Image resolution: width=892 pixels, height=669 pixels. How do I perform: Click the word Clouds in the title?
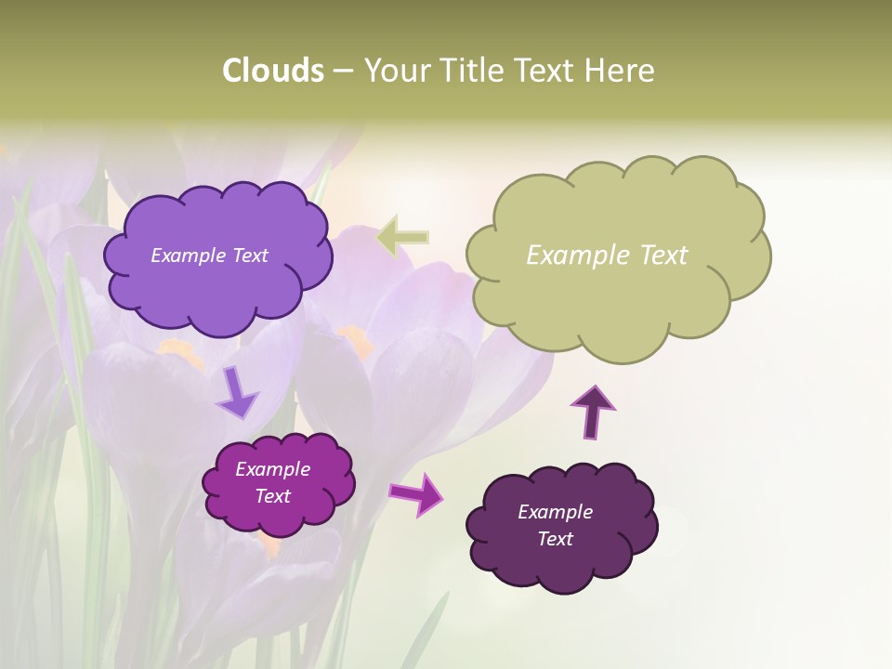(273, 71)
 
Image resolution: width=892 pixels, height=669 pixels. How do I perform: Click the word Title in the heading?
(472, 71)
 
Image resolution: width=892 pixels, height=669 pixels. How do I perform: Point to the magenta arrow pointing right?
(415, 493)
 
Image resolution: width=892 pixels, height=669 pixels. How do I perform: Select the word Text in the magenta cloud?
(272, 496)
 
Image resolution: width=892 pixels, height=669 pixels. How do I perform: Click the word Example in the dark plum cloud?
(555, 512)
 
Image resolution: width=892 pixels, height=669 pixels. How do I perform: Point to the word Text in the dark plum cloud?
(555, 539)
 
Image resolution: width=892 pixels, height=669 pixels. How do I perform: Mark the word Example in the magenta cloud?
(272, 469)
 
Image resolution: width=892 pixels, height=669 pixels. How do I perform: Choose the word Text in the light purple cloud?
(251, 256)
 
